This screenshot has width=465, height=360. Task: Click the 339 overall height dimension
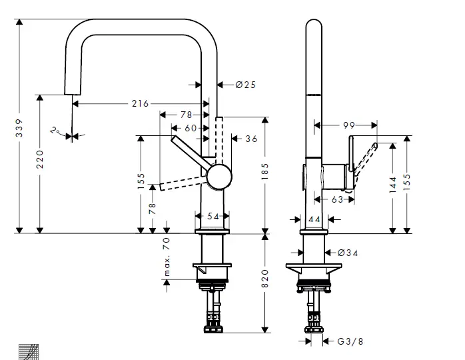(21, 128)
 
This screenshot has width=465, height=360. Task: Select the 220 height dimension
(40, 160)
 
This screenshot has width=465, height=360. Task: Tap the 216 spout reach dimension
(140, 103)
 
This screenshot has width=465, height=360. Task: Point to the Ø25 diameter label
(246, 85)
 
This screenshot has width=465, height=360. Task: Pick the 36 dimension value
(251, 139)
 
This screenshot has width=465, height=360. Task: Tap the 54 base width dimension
(213, 216)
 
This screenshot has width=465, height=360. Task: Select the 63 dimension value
(338, 199)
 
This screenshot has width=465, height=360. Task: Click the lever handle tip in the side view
(376, 145)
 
